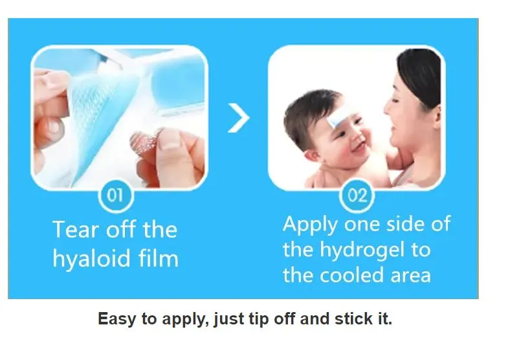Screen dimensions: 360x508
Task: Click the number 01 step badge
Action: [x=115, y=195]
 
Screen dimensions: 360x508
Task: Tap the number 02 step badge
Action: [x=357, y=195]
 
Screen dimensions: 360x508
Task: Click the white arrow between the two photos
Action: [x=238, y=118]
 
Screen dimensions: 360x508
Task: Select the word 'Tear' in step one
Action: [x=73, y=230]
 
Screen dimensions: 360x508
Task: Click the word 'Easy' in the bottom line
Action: [x=114, y=319]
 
